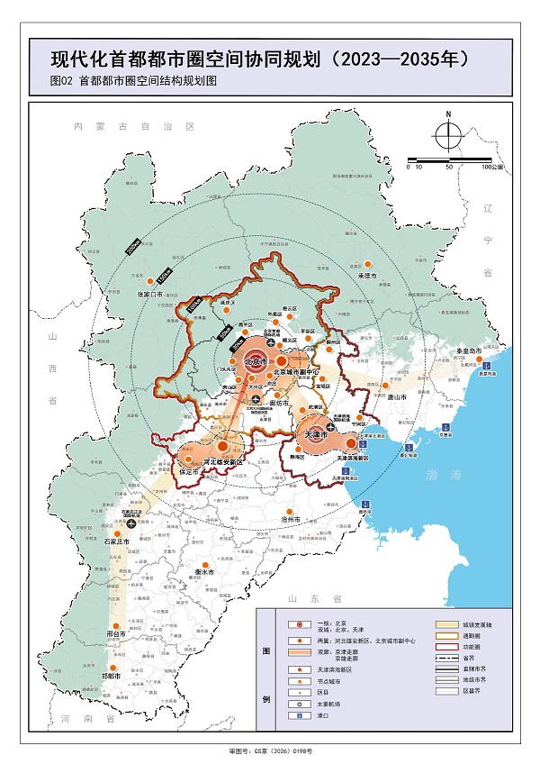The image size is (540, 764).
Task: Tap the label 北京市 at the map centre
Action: point(256,361)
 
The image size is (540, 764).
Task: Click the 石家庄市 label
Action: point(117,542)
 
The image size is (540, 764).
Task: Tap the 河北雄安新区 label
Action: point(222,459)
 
